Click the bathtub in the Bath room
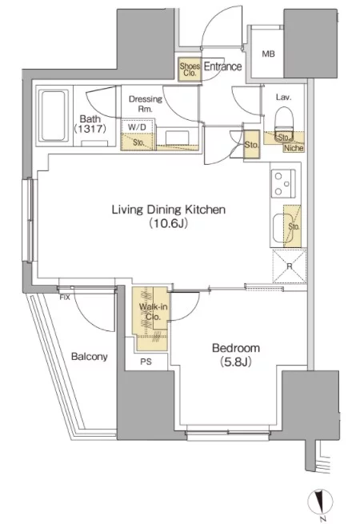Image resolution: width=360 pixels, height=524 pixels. click(x=53, y=116)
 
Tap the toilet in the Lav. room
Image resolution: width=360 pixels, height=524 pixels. click(x=284, y=124)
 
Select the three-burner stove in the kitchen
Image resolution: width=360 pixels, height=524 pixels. click(x=283, y=183)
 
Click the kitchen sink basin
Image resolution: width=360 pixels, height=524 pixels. click(x=279, y=227)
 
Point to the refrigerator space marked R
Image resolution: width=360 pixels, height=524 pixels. click(x=290, y=266)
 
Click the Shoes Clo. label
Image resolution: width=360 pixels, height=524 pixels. click(x=190, y=70)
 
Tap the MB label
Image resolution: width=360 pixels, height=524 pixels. click(x=268, y=54)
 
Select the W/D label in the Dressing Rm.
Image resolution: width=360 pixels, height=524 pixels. click(x=137, y=127)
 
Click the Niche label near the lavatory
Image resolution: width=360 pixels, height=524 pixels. click(x=294, y=148)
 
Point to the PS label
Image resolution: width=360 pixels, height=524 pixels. click(x=146, y=362)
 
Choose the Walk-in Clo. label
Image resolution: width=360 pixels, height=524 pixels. click(x=153, y=311)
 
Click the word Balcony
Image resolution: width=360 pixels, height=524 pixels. click(x=90, y=357)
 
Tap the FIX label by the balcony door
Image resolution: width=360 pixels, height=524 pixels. click(x=65, y=297)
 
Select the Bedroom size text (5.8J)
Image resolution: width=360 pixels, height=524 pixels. click(x=236, y=362)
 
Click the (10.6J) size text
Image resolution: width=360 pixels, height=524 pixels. click(x=169, y=223)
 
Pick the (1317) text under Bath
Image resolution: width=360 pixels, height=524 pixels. click(x=90, y=129)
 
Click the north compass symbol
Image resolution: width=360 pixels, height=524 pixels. click(x=320, y=502)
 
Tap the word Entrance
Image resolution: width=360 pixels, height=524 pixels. click(x=222, y=66)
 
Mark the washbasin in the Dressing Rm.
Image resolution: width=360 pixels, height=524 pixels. click(x=177, y=137)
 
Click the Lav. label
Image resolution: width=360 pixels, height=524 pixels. click(x=283, y=98)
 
